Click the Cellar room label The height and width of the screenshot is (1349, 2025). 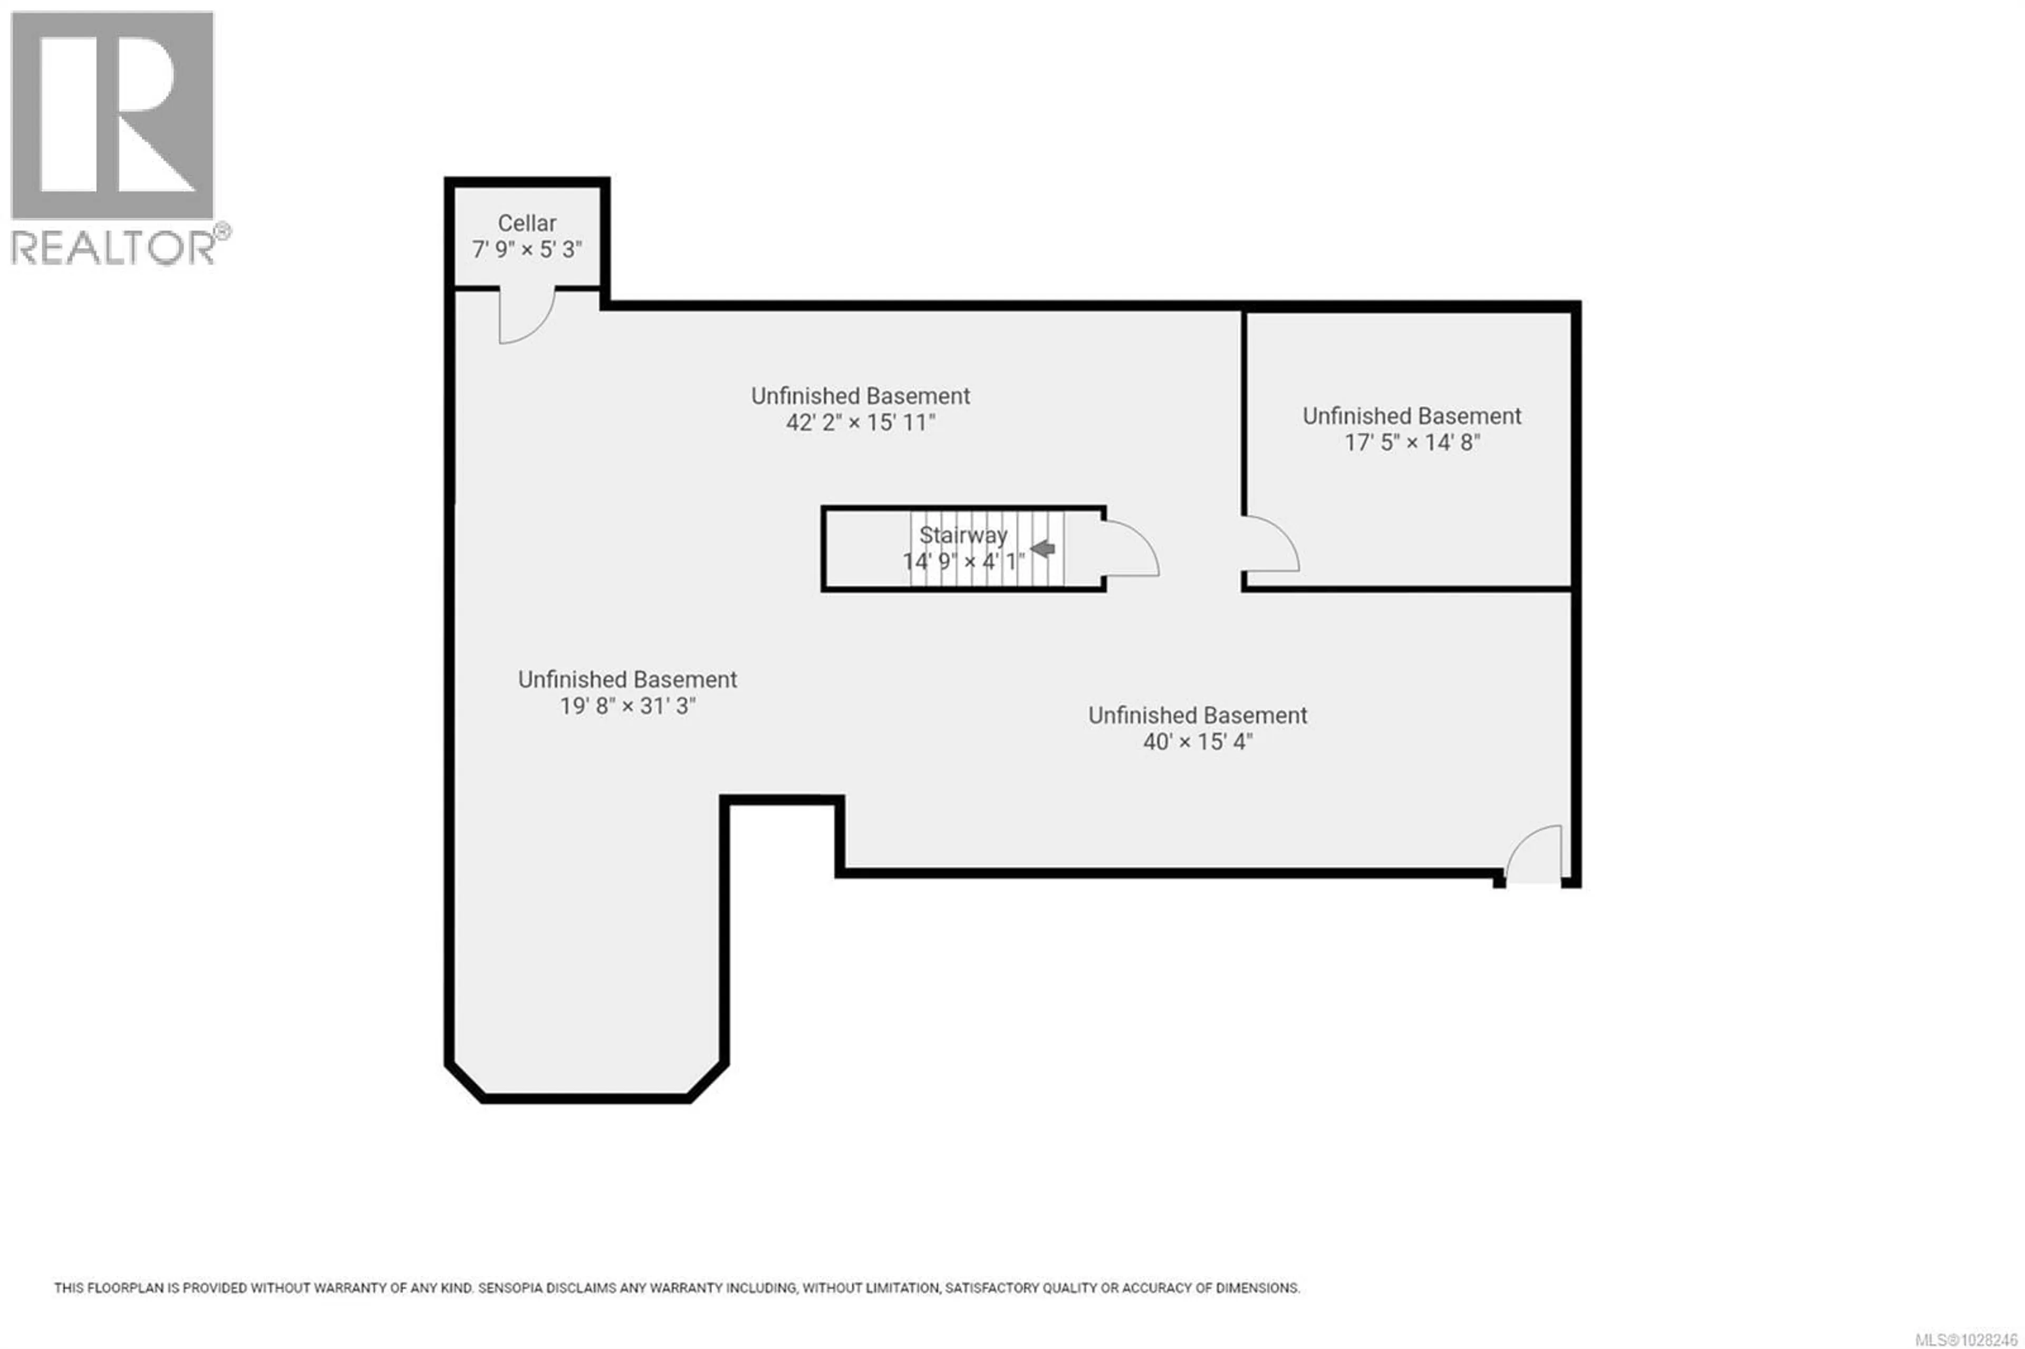point(526,224)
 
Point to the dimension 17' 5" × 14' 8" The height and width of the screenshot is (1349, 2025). point(1412,443)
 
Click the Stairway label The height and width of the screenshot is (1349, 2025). point(962,535)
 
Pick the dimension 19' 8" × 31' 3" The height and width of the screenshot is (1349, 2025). point(627,706)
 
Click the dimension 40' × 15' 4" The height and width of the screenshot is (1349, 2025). point(1198,741)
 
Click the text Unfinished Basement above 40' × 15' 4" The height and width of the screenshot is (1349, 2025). point(1198,715)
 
